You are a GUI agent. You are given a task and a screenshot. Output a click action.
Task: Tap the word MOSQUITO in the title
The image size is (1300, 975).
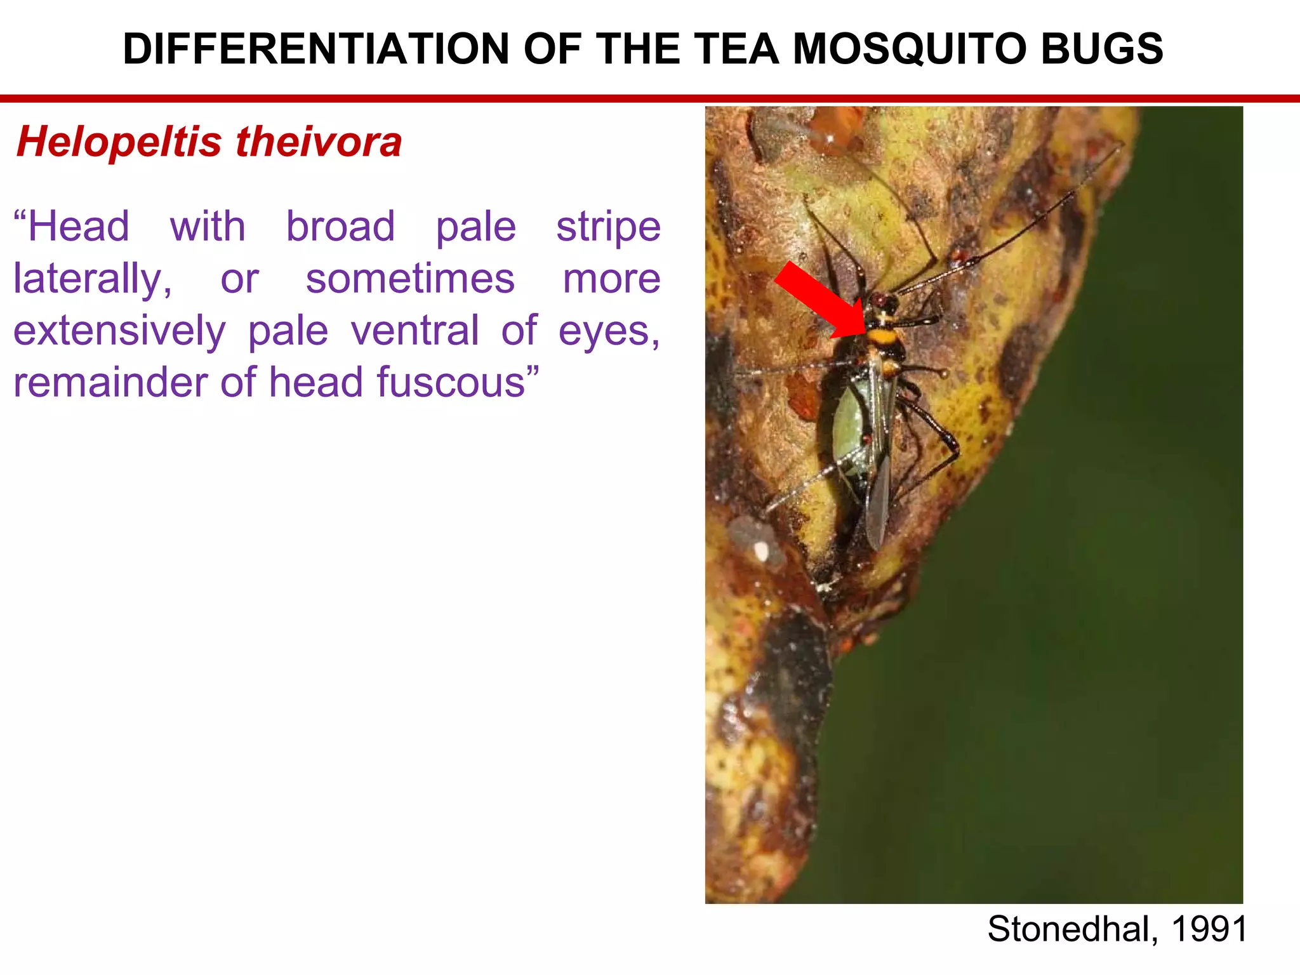(910, 49)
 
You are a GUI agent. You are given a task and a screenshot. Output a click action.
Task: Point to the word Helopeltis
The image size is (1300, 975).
(119, 142)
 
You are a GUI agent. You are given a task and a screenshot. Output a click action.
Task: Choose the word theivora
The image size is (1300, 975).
(319, 142)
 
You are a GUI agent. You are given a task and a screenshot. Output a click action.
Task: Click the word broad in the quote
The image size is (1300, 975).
(340, 227)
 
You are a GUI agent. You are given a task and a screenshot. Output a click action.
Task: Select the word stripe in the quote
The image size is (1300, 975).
(608, 228)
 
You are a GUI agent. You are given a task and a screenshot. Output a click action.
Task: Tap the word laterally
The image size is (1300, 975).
(92, 280)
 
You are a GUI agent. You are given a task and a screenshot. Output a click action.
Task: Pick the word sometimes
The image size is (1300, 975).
(410, 279)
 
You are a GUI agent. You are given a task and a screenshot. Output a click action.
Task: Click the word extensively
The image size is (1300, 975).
(119, 331)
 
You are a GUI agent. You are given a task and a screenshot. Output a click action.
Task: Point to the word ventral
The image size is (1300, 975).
(415, 331)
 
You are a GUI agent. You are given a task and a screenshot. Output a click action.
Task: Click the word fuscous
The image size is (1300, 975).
(451, 383)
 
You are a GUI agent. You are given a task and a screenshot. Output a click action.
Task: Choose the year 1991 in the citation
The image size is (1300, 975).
(1209, 929)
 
